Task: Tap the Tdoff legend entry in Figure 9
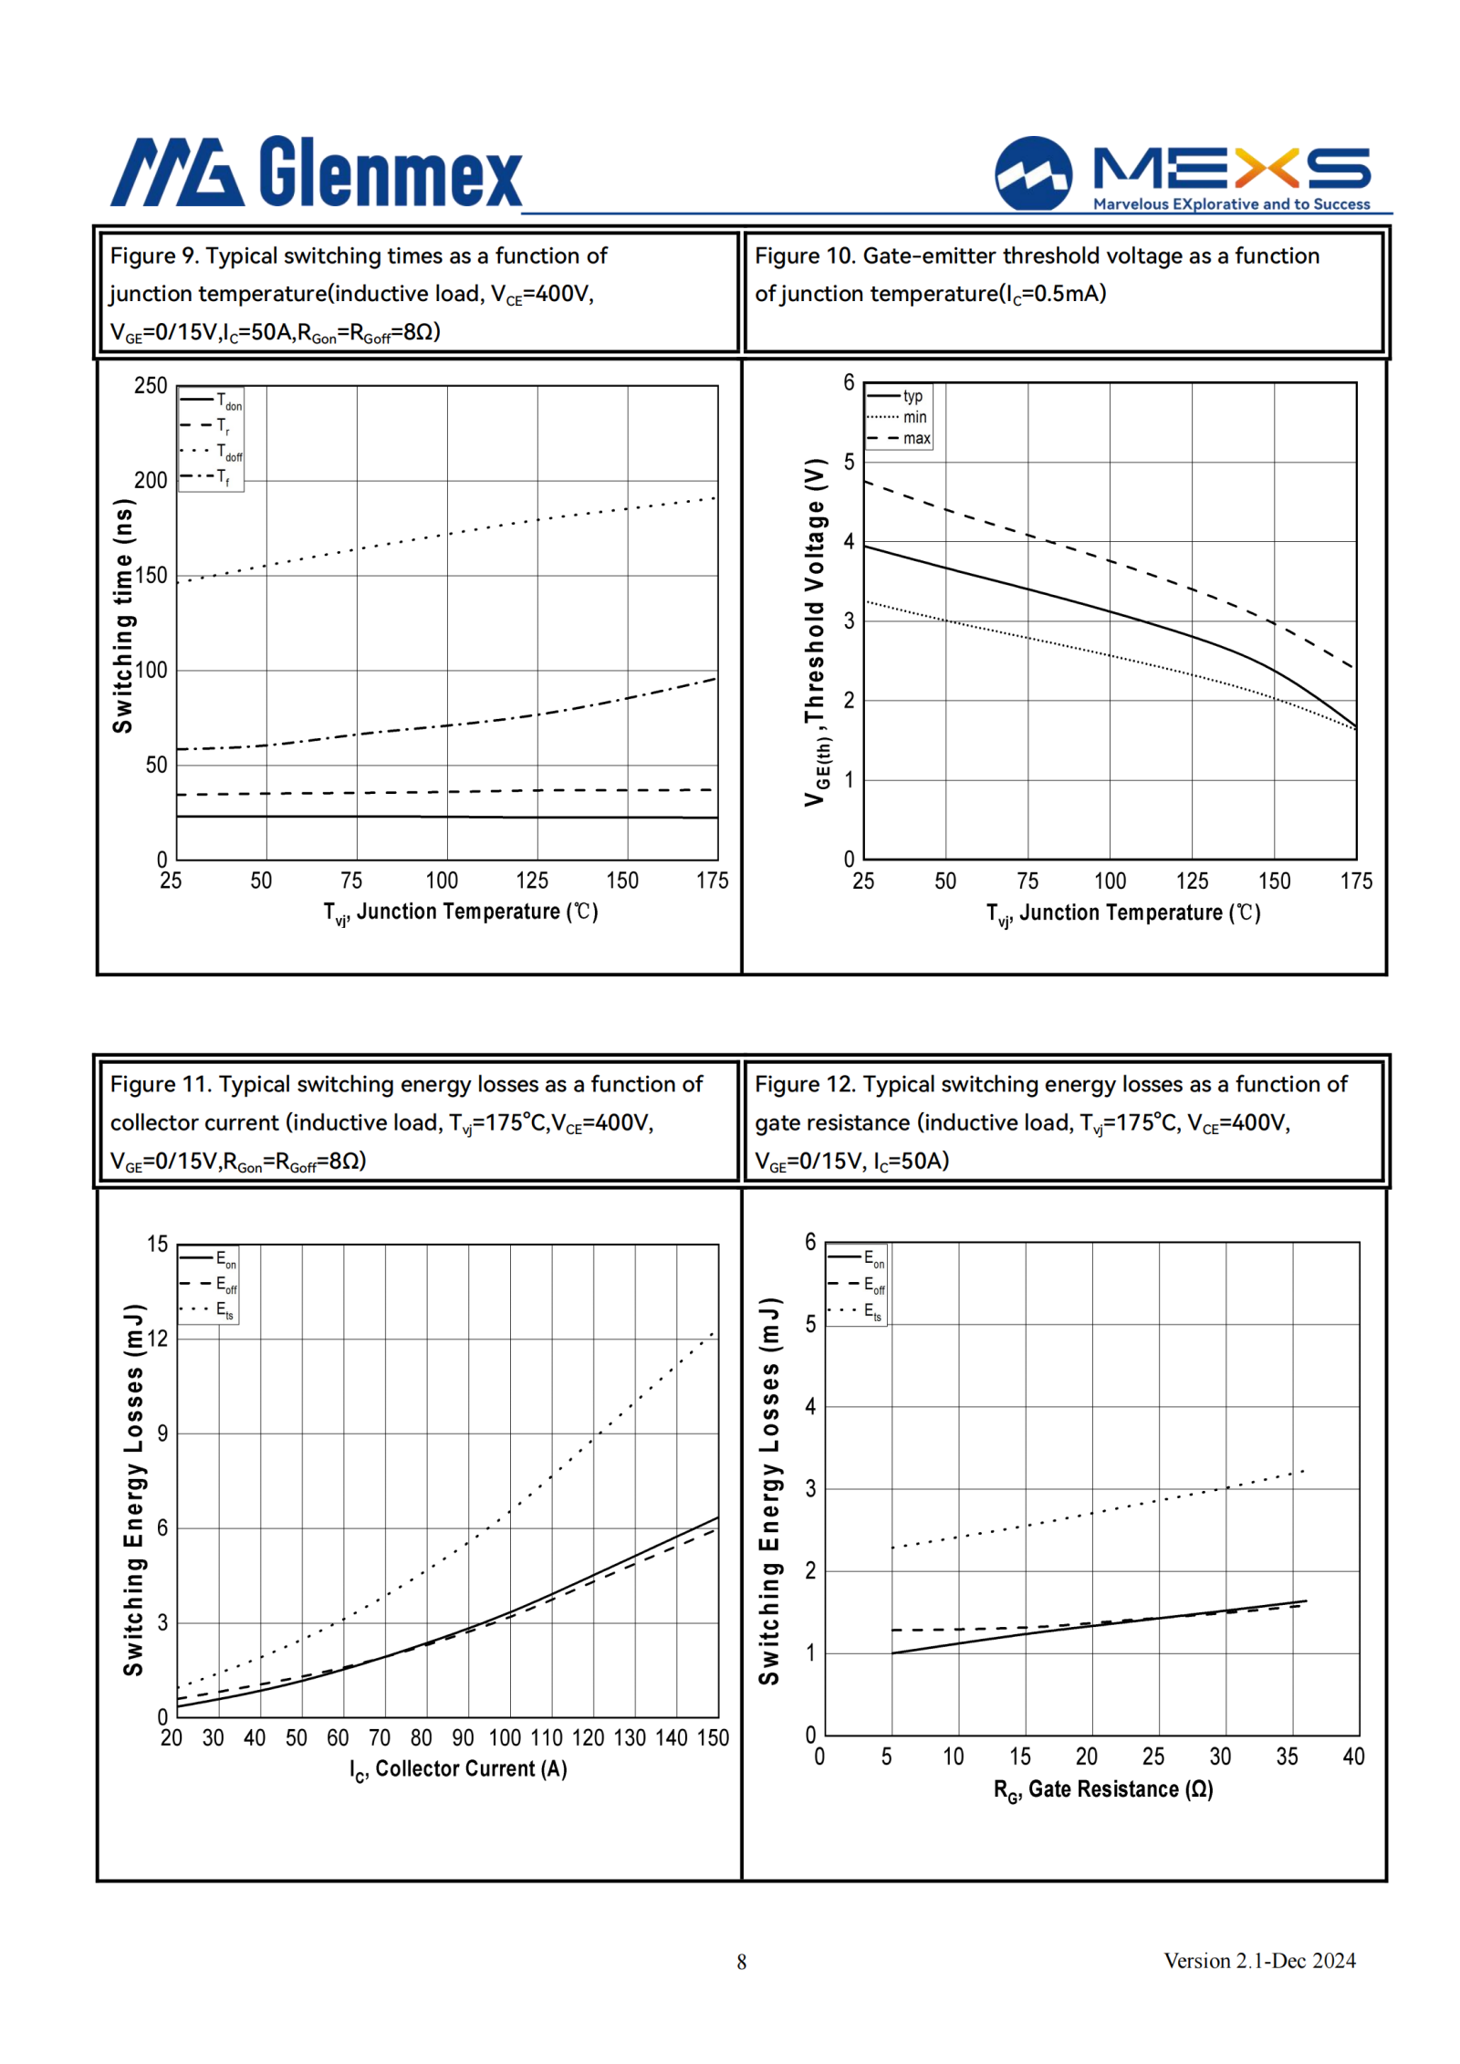212,451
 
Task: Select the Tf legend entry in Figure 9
205,476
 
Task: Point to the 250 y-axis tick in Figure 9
151,385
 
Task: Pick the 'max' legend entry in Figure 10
899,438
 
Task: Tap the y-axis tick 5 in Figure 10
849,462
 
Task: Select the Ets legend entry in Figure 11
207,1310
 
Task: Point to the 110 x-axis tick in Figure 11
547,1737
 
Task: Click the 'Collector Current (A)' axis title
458,1769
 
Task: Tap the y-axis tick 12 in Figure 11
157,1339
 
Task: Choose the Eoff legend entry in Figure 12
856,1285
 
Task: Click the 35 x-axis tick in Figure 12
1287,1756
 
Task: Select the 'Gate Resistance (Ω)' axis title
1103,1789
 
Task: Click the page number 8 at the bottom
742,1962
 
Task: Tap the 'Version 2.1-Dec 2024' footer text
1259,1961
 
